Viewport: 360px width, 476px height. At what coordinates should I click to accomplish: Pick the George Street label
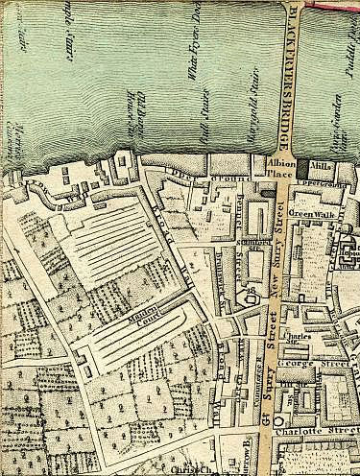tap(322, 366)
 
